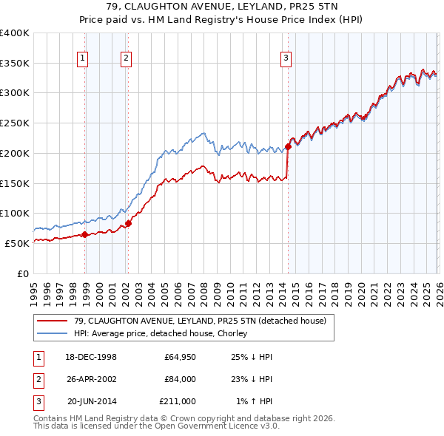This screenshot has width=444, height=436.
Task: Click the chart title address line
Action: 221,7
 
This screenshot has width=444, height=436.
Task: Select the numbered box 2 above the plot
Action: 127,58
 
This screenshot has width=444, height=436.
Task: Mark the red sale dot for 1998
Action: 84,234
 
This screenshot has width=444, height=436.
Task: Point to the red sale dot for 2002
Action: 128,223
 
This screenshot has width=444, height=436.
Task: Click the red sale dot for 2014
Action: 288,146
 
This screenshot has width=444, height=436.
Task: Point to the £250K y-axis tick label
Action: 15,123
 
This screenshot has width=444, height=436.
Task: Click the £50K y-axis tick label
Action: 17,243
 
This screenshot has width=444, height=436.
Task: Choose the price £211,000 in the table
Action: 177,401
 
